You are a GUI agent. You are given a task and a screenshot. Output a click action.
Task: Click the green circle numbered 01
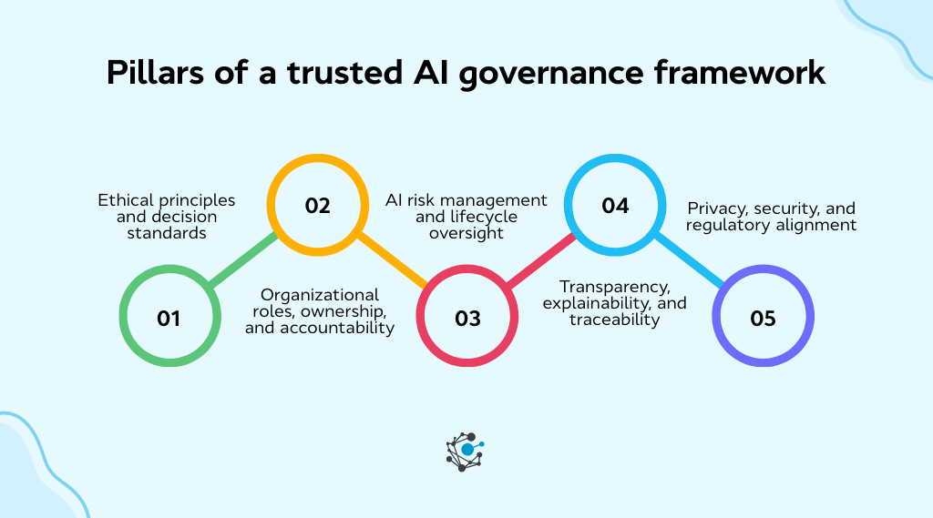(x=169, y=319)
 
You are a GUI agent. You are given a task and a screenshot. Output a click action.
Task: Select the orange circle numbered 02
(x=317, y=206)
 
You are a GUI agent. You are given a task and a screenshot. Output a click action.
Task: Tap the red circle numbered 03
(x=466, y=319)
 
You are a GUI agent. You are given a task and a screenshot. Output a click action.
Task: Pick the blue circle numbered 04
(x=615, y=206)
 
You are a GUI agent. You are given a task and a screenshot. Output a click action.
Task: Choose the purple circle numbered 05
(x=763, y=319)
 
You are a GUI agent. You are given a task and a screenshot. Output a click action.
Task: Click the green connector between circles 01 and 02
(x=243, y=262)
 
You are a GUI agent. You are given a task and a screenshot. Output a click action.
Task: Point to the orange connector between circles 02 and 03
(x=392, y=262)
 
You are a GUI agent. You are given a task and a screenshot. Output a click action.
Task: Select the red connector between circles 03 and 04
(x=541, y=262)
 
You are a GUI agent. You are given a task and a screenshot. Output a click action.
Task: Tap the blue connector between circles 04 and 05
(x=689, y=262)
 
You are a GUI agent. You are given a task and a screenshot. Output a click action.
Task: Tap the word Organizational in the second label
(x=319, y=295)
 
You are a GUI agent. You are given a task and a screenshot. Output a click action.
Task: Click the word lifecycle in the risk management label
(x=484, y=217)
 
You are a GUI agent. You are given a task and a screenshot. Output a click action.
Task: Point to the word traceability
(x=614, y=320)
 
